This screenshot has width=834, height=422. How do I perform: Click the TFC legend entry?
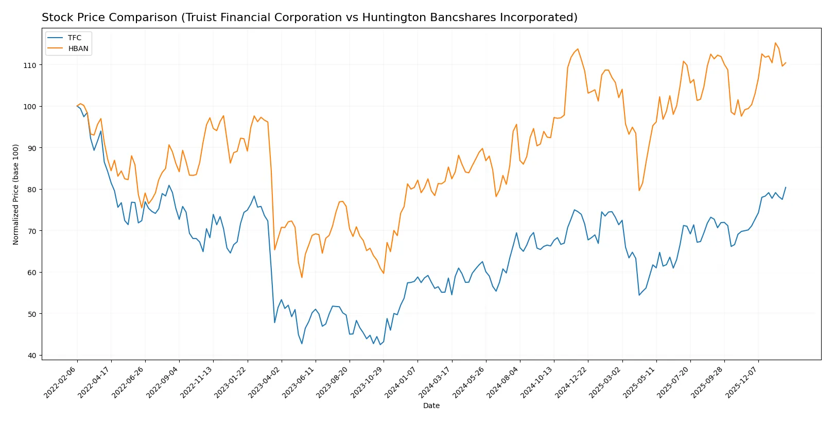[74, 38]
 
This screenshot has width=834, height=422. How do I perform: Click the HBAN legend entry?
[78, 48]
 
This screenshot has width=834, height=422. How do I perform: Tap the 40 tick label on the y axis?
[31, 356]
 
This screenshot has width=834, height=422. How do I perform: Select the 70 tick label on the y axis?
[31, 231]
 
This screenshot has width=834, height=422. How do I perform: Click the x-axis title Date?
[431, 406]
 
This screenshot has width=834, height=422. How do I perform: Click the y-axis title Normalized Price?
[16, 194]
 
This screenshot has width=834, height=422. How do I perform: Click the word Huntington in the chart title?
[391, 18]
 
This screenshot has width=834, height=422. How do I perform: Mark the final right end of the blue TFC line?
[786, 187]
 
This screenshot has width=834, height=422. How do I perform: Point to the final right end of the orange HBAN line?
[786, 63]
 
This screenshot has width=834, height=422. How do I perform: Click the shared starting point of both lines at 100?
[77, 106]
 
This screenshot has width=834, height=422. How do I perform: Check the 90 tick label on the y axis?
[31, 148]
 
